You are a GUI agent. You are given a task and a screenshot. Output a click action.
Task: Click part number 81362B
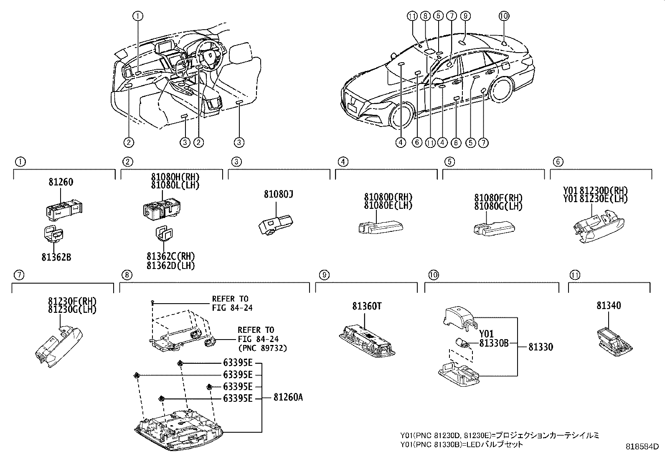56,258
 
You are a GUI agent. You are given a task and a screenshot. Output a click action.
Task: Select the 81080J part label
279,194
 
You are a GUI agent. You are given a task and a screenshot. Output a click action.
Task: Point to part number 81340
608,306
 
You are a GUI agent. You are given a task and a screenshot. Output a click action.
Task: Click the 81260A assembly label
288,398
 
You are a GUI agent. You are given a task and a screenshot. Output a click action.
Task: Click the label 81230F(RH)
72,301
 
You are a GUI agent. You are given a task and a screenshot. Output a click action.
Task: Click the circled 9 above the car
465,16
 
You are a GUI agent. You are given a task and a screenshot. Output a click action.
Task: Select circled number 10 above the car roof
504,16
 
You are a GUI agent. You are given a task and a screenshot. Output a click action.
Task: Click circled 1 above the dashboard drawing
138,16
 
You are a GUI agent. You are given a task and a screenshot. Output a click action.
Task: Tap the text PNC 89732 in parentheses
262,348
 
